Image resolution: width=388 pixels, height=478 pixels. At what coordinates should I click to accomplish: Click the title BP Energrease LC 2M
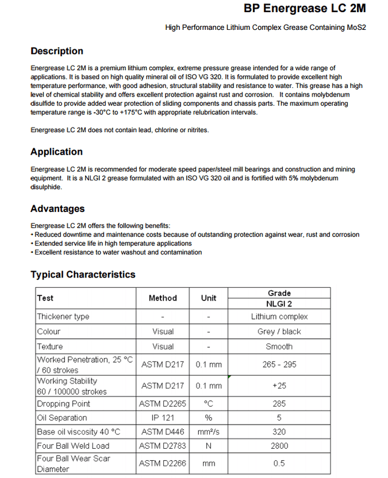pos(305,9)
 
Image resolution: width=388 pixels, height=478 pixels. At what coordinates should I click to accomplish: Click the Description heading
pos(57,51)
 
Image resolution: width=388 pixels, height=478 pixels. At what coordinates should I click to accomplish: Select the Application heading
pos(56,152)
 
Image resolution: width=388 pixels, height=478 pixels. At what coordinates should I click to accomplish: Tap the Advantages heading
pos(57,209)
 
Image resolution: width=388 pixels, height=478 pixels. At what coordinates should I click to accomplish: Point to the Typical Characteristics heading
pos(83,275)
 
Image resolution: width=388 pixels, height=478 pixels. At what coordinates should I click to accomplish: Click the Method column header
pos(163,298)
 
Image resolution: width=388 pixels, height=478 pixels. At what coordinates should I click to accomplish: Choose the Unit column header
pos(209,298)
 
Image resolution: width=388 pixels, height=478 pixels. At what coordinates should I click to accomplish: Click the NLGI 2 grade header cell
pos(279,304)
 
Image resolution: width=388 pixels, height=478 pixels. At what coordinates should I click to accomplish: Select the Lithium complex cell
pos(279,317)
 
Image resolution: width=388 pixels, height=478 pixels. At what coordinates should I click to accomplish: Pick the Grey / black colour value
pos(279,331)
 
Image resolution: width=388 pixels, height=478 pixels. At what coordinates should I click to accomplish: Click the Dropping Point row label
pos(61,404)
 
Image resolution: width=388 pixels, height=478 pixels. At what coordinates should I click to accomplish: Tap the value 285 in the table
pos(279,404)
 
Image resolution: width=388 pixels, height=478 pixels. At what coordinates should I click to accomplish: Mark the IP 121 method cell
pos(163,418)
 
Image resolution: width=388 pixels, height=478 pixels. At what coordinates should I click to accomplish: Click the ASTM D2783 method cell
pos(163,446)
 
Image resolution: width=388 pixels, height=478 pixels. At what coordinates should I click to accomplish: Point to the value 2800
pos(279,446)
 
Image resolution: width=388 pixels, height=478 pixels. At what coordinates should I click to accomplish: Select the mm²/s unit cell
pos(209,432)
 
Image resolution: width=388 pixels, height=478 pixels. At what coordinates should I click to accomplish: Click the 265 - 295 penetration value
pos(279,365)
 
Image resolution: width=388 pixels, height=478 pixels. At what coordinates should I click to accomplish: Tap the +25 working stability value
pos(279,386)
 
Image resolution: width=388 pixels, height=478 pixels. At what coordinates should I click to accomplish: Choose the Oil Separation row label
pos(62,418)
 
